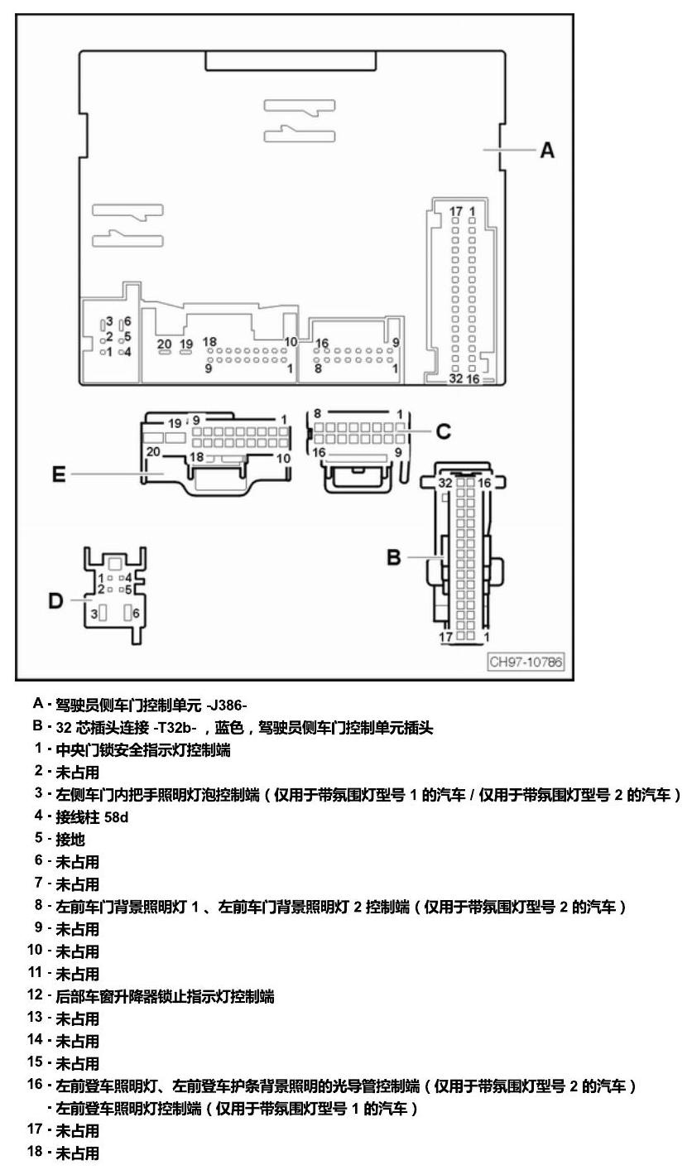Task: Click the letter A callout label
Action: [547, 150]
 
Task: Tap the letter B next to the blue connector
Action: [394, 557]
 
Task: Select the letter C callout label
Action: [443, 431]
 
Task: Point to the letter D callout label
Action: [55, 600]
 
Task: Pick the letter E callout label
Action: [58, 474]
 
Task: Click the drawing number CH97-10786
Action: [526, 662]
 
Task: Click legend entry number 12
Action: [35, 995]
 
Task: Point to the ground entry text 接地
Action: [70, 840]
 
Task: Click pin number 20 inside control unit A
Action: [165, 344]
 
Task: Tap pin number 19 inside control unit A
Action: [186, 344]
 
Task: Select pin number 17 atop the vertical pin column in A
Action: [455, 211]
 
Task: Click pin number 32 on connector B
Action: [445, 483]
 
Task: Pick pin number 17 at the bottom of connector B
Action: [445, 637]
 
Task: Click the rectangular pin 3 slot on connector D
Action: [103, 613]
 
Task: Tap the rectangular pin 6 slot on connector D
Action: [127, 613]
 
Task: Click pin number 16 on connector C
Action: [319, 452]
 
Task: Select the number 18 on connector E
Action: [197, 457]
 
